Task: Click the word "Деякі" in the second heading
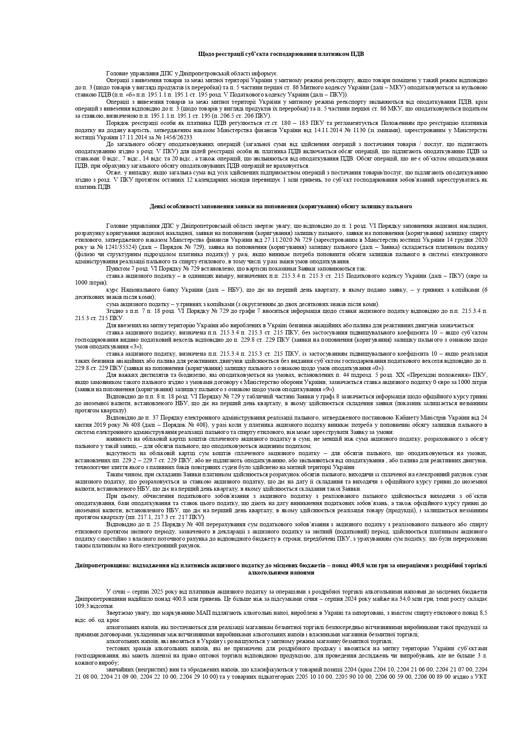pyautogui.click(x=157, y=207)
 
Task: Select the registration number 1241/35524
pyautogui.click(x=116, y=246)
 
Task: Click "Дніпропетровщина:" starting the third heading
pyautogui.click(x=98, y=565)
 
